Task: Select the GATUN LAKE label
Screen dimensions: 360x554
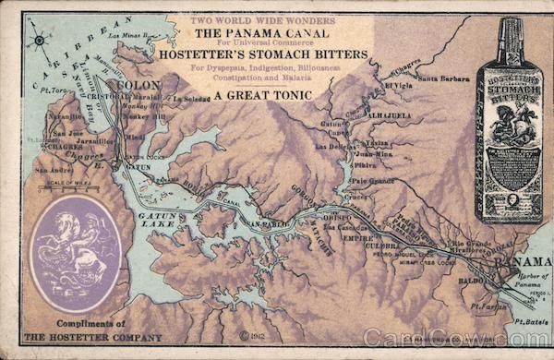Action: (158, 218)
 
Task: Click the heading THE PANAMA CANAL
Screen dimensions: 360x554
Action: (256, 34)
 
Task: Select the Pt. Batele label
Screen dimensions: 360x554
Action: (527, 321)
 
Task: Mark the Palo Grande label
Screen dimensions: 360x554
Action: (373, 181)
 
